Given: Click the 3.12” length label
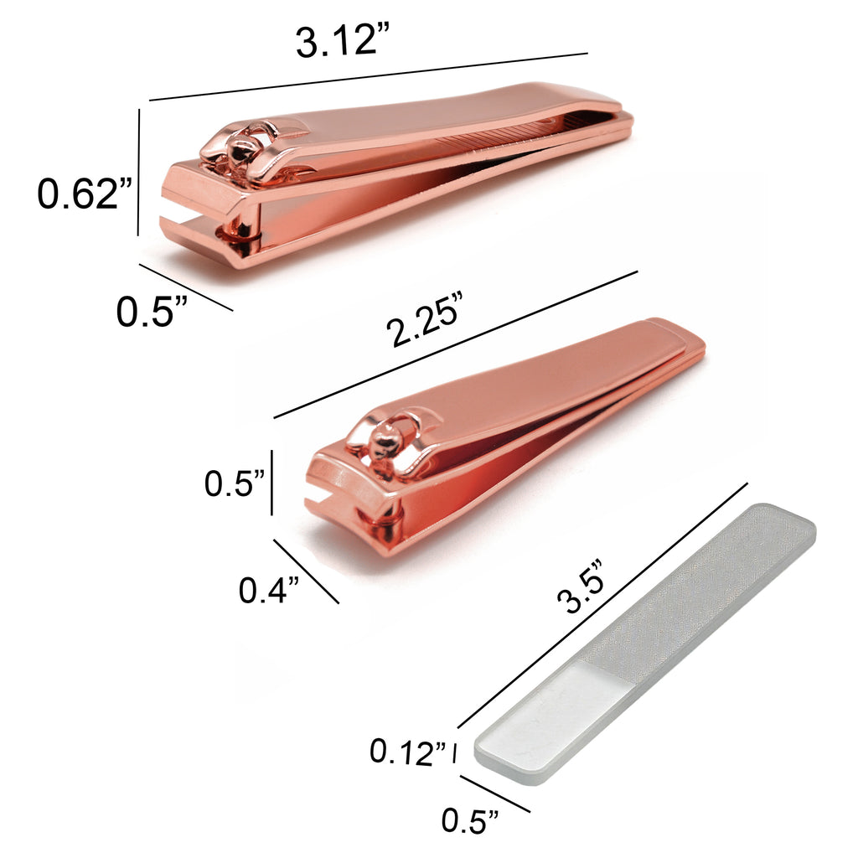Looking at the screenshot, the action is [343, 41].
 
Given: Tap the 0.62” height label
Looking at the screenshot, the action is [85, 194].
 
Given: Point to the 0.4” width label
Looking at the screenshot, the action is [269, 591].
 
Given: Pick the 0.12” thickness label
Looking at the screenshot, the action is [408, 752].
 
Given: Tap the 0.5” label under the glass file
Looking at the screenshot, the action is [470, 821].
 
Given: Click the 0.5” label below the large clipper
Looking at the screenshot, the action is [152, 312].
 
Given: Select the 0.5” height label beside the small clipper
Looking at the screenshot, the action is [235, 483].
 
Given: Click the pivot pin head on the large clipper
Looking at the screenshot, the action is [241, 147].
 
